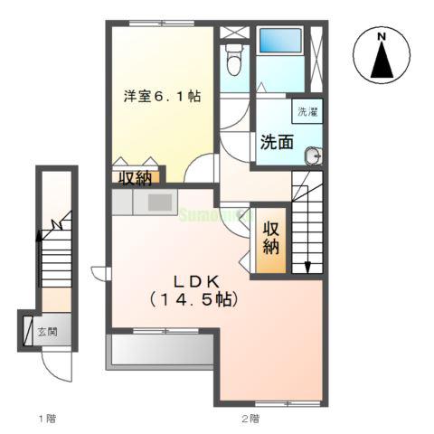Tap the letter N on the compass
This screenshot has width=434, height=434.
point(382,36)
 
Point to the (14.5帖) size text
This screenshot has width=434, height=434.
point(193,297)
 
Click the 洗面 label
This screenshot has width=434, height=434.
point(276,141)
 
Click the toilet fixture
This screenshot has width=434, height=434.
point(233,61)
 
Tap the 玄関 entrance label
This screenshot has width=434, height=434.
point(48,331)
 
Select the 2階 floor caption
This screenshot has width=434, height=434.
point(250,418)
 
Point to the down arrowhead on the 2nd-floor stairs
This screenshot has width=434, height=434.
point(307,266)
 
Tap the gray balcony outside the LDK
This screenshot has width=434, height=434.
point(160,351)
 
